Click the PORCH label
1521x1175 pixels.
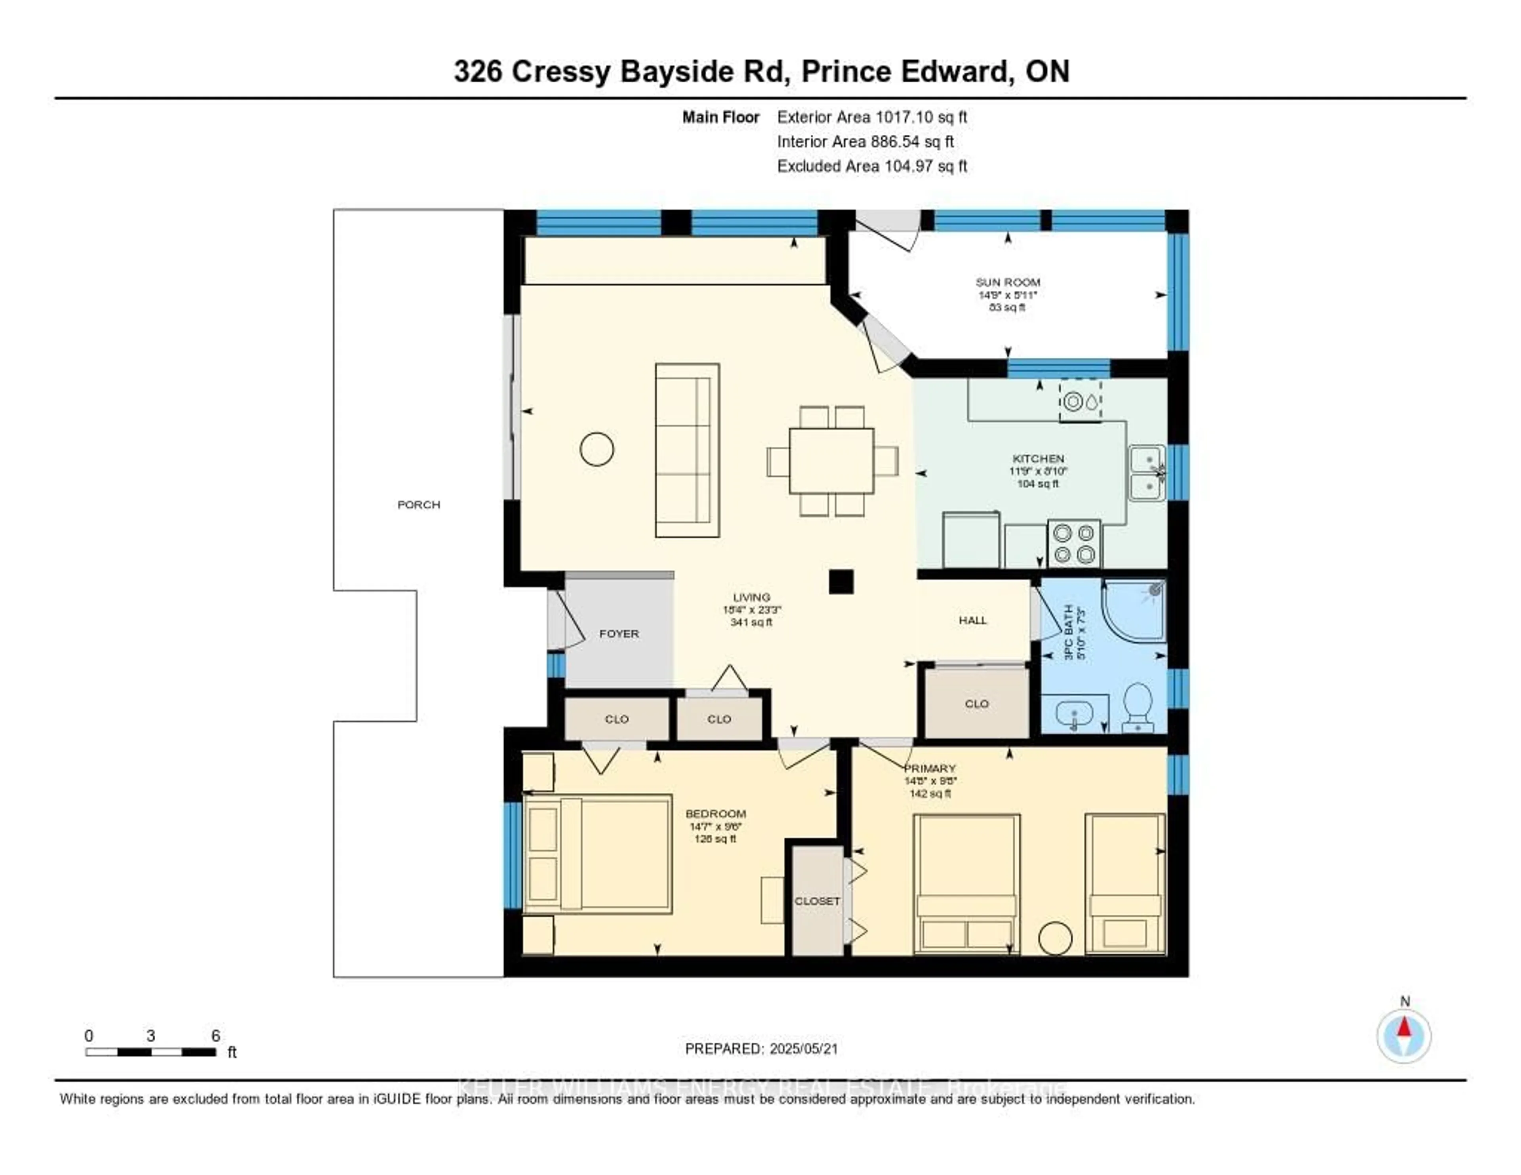coord(419,504)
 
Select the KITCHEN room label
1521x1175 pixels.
coord(1038,458)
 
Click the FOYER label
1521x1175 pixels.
coord(618,633)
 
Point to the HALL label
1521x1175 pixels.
coord(972,620)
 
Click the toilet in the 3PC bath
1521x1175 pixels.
coord(1137,706)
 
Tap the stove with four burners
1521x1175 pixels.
coord(1073,543)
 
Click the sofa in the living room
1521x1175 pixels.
coord(687,450)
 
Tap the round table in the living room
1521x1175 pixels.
coord(597,449)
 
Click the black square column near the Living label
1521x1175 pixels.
coord(841,582)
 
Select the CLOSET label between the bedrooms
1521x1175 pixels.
coord(817,900)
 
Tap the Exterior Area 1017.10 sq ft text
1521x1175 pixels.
coord(872,117)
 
